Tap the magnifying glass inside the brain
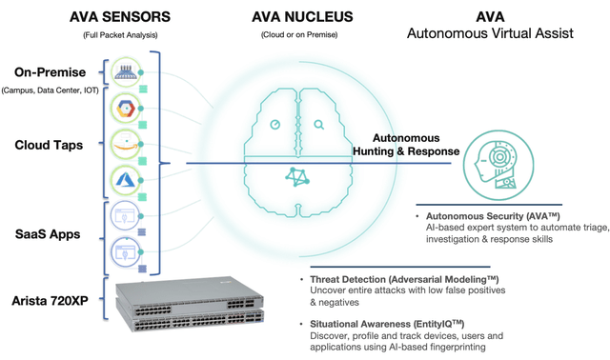point(318,124)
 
